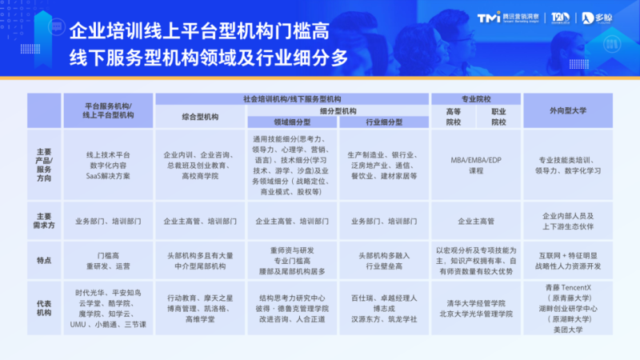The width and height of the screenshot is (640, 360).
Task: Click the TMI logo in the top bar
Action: [486, 18]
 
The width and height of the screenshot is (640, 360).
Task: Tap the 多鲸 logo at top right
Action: [605, 17]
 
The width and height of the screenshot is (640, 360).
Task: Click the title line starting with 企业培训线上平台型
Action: [198, 32]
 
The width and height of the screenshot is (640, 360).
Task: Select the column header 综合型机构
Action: [199, 117]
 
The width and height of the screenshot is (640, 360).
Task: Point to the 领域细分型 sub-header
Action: [294, 122]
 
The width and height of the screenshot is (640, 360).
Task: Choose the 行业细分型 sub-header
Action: [383, 122]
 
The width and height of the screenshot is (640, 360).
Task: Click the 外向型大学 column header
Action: [568, 110]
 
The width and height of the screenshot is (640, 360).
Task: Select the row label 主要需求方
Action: [45, 221]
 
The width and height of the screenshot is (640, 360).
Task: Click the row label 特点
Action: [45, 260]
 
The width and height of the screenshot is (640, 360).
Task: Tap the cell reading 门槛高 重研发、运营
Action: [108, 260]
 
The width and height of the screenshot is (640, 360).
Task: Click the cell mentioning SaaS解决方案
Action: [108, 163]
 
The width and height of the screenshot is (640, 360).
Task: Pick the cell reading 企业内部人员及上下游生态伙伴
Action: [568, 221]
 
